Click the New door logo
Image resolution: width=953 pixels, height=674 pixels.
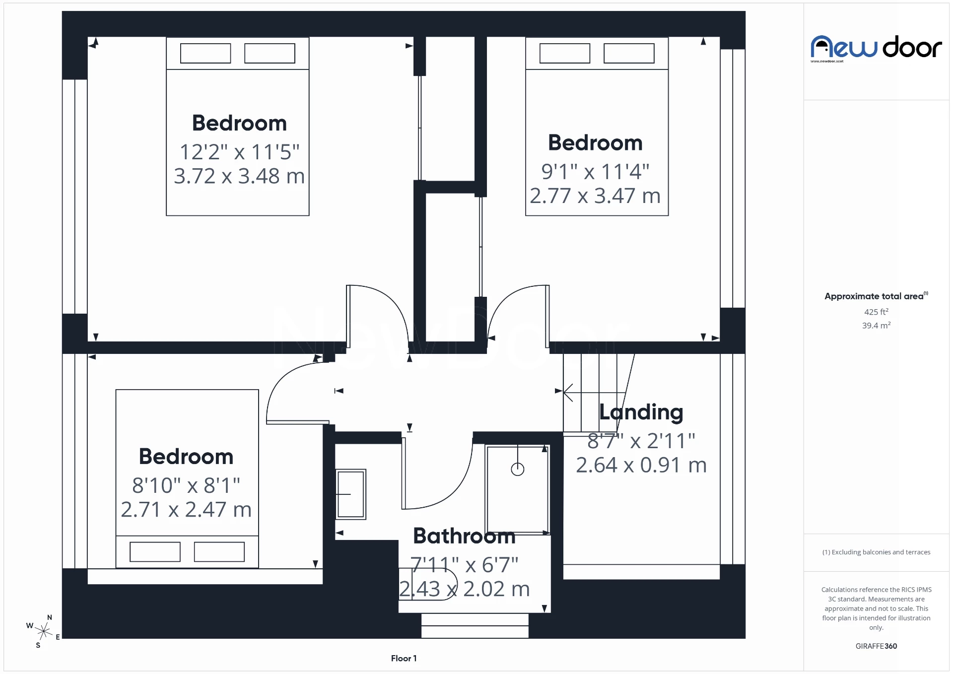876,48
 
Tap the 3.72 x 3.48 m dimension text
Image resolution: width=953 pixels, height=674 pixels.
239,176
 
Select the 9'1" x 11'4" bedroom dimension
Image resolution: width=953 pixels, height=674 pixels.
595,172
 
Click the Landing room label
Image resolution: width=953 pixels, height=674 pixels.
641,412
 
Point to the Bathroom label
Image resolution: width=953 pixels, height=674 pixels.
464,536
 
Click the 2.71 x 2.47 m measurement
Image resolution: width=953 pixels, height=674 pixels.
186,510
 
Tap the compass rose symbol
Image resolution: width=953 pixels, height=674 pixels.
44,631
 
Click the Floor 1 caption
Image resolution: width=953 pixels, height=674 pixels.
404,658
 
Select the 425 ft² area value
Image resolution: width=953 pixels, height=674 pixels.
876,312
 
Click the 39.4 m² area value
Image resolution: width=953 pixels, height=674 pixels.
876,326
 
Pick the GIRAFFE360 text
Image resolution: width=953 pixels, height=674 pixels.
876,646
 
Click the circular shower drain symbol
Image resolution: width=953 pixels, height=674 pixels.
517,469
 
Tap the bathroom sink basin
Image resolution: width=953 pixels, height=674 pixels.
351,494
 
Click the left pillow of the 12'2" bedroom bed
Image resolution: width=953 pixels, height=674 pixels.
205,53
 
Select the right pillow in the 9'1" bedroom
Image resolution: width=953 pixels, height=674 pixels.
628,53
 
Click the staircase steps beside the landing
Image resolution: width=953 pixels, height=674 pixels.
591,392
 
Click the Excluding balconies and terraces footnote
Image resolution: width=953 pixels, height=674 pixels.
876,552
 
